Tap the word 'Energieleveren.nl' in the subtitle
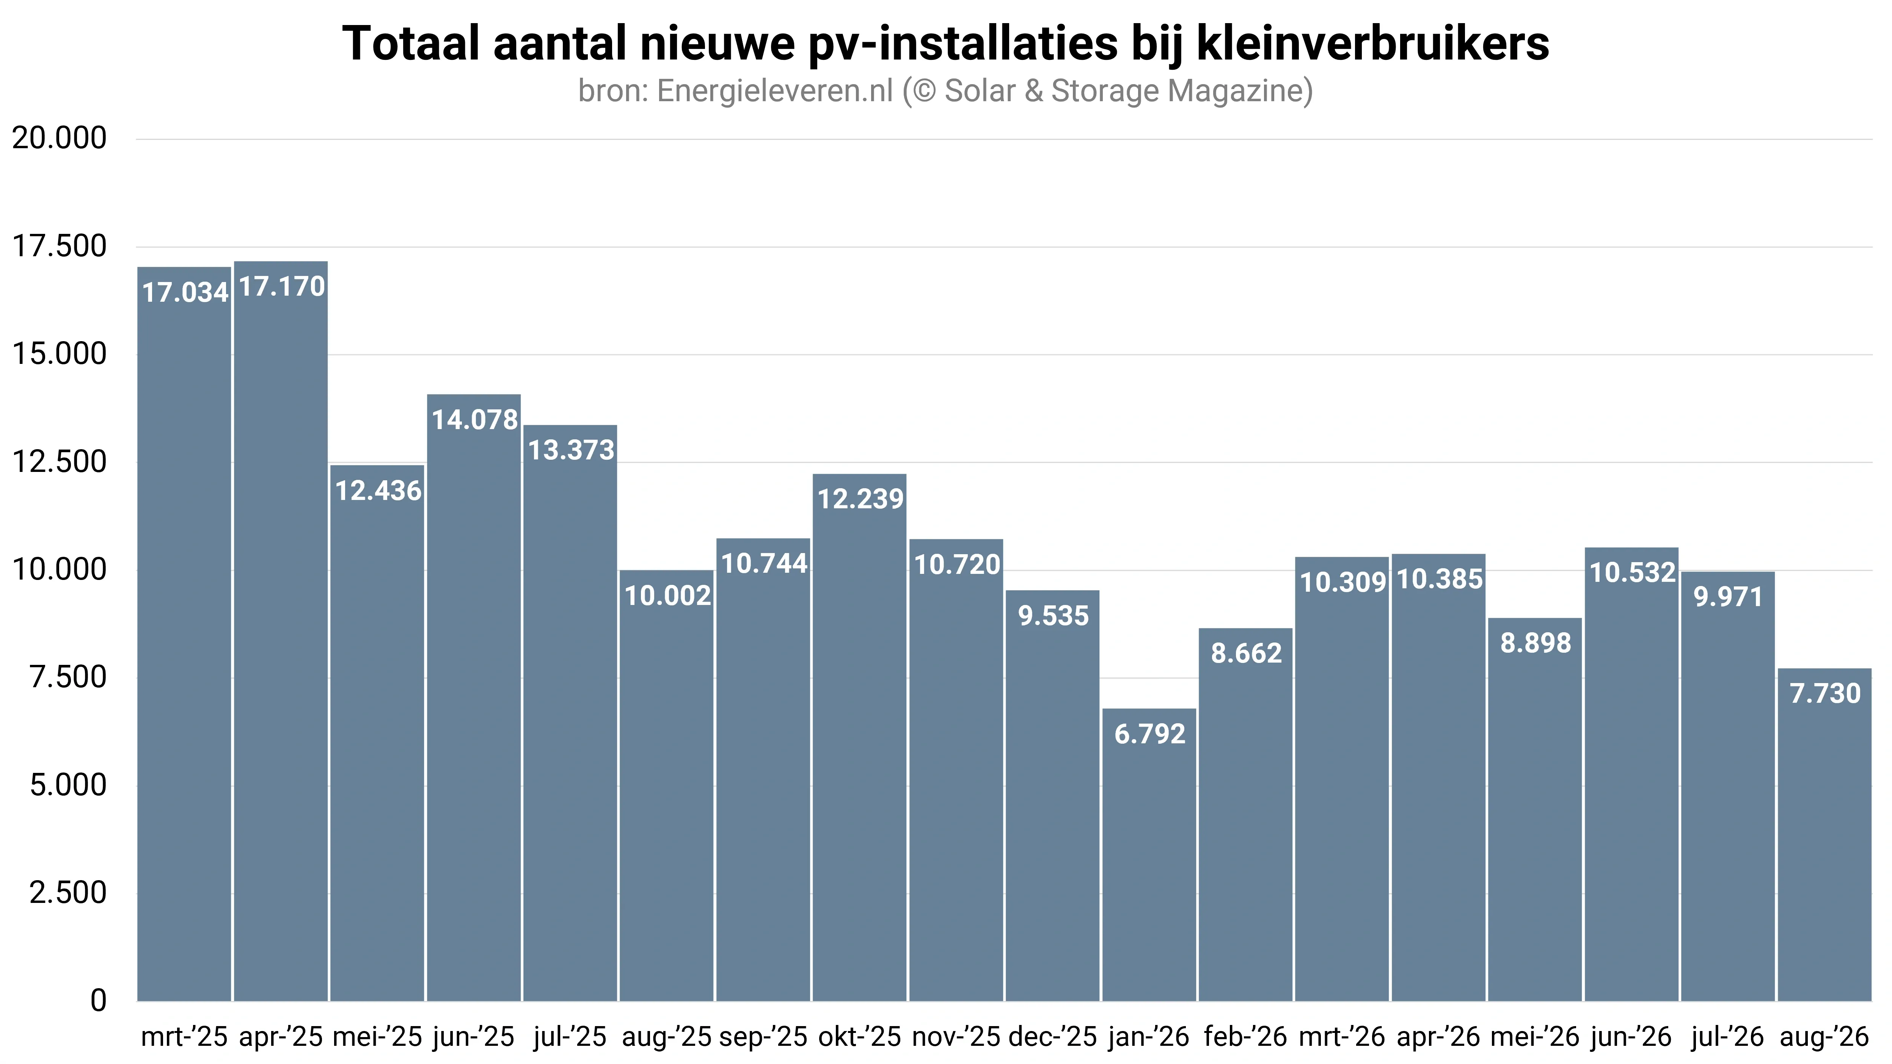tap(775, 91)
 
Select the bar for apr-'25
tap(281, 631)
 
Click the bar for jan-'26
tap(1149, 855)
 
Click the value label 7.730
tap(1825, 693)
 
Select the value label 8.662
tap(1247, 653)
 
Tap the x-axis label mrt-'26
tap(1342, 1037)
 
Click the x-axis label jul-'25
tap(570, 1037)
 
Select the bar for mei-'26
tap(1535, 809)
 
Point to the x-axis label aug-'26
tap(1824, 1037)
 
